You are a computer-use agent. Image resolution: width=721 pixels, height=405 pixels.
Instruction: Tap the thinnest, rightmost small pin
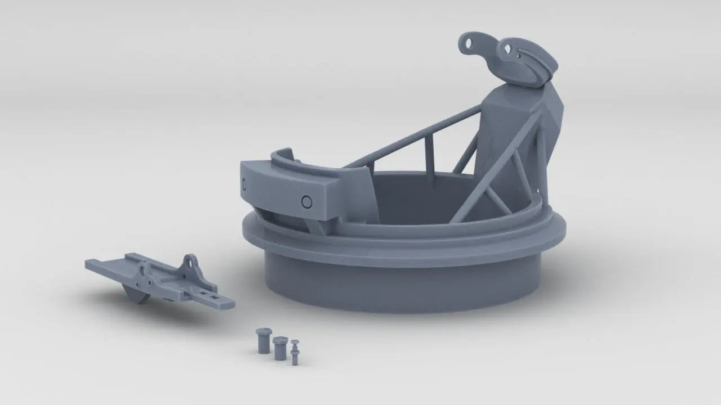[295, 352]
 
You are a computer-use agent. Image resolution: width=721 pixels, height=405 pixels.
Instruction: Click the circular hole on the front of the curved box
[306, 201]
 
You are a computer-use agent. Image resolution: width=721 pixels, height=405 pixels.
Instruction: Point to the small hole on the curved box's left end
[244, 183]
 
